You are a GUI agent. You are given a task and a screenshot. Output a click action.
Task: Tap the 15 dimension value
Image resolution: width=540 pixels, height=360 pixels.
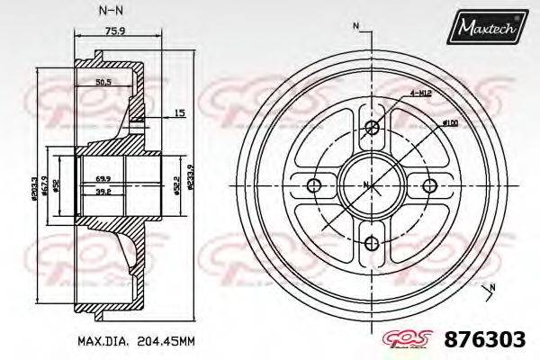click(180, 112)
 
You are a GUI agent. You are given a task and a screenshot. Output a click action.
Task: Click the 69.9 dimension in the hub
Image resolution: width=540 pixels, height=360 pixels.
click(103, 180)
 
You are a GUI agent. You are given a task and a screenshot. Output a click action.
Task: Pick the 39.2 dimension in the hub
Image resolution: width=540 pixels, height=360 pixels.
click(103, 192)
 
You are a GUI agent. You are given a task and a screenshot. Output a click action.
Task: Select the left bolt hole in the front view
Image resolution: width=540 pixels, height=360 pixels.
click(313, 185)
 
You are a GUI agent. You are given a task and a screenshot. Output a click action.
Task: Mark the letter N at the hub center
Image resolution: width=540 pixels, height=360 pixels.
click(364, 185)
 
